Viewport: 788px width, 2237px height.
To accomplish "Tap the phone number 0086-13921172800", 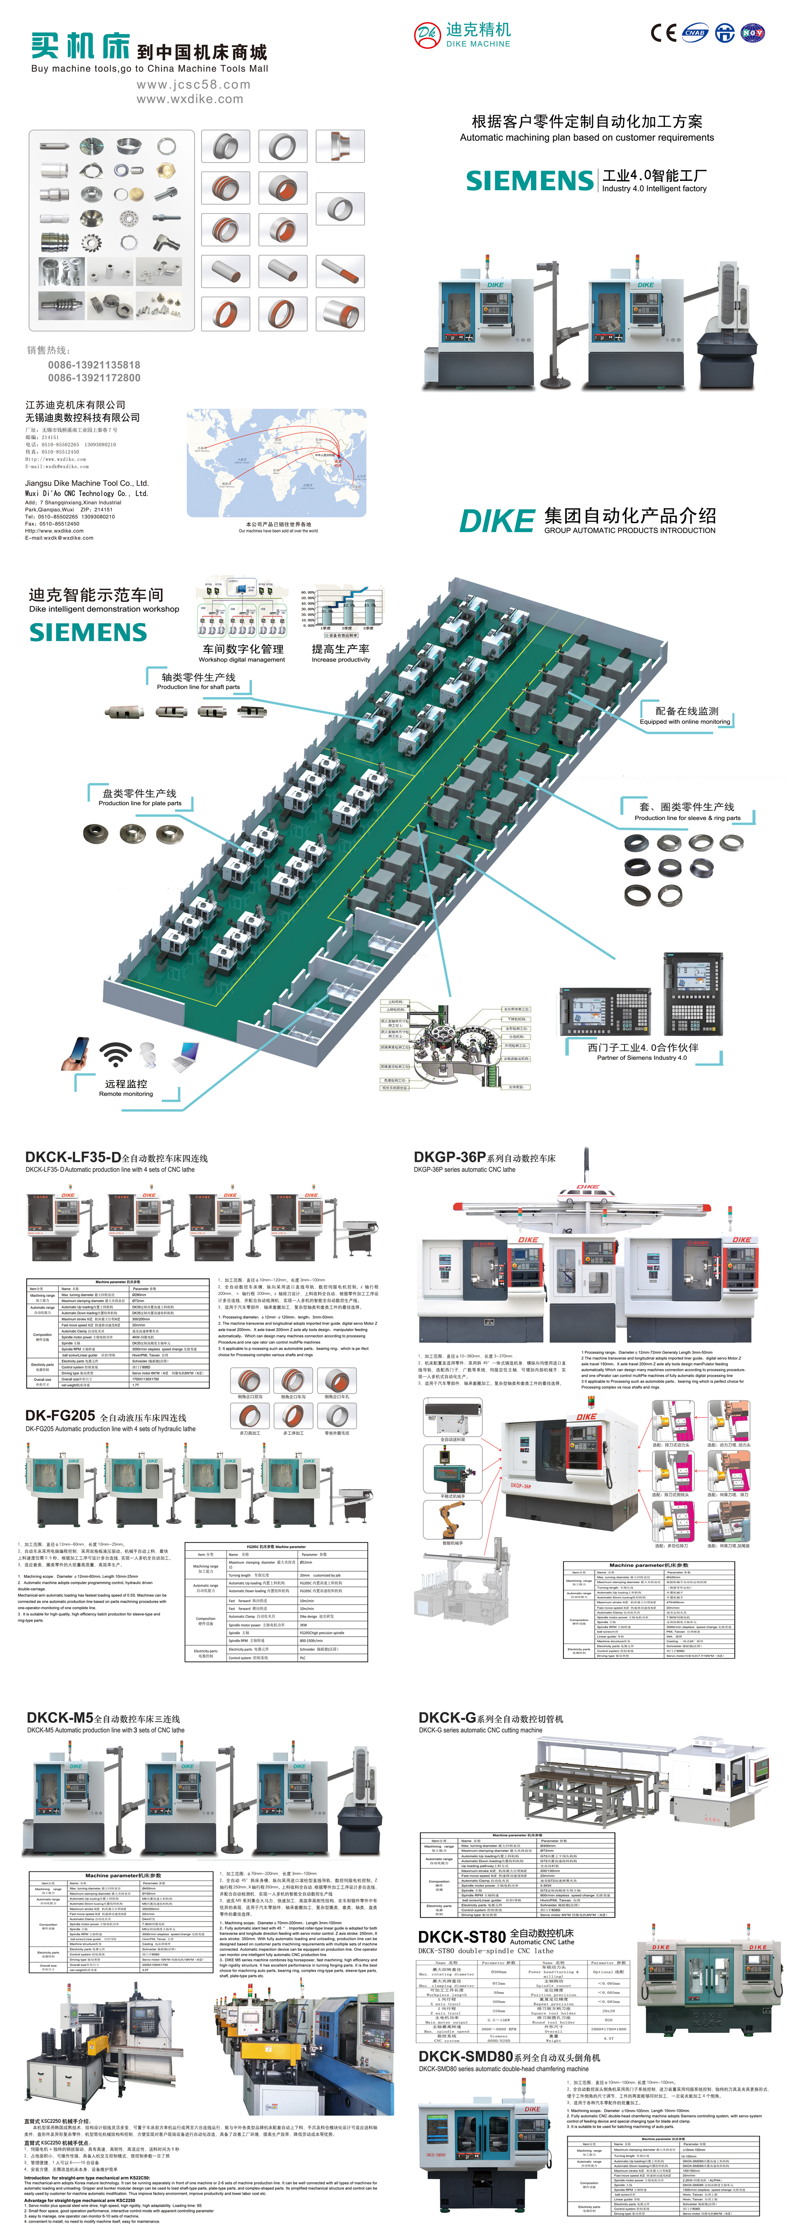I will (94, 378).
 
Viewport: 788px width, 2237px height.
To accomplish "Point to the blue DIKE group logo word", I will (496, 521).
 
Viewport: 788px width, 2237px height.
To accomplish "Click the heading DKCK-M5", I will (59, 1717).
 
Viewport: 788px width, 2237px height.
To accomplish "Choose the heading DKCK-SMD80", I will (465, 2055).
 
